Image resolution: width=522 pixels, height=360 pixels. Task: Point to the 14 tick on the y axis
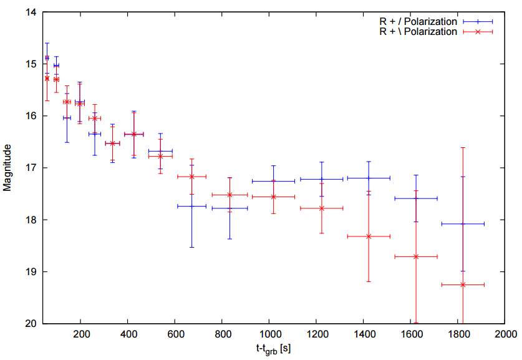pos(31,12)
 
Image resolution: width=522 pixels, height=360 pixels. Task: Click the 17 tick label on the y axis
pos(31,168)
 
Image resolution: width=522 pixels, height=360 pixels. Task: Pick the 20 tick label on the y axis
pos(31,324)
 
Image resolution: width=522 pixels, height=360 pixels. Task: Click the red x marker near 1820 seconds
pos(463,285)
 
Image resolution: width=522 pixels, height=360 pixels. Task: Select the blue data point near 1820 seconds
pos(463,223)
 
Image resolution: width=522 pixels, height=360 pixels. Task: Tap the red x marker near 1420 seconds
pos(369,236)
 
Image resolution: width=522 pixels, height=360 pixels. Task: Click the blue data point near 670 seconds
pos(191,206)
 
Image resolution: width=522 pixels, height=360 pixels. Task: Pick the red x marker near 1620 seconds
pos(416,256)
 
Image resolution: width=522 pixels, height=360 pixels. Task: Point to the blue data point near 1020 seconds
pos(273,181)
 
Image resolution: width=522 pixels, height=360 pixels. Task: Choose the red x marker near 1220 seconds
pos(322,208)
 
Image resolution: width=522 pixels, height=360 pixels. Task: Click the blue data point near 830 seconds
pos(230,208)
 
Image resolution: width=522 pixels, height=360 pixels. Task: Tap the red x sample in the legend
pos(478,32)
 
